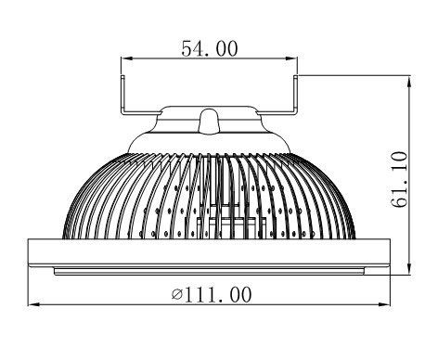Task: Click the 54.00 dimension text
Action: pos(210,49)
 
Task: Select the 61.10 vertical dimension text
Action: pos(399,179)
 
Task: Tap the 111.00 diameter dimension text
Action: pos(212,295)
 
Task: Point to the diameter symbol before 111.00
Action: pos(177,295)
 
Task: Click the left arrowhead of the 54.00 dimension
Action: pos(127,58)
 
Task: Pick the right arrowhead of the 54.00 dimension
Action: pos(291,58)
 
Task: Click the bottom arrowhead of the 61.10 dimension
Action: pos(409,268)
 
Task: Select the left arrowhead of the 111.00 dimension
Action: pos(34,304)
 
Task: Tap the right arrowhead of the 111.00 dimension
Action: pos(384,304)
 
